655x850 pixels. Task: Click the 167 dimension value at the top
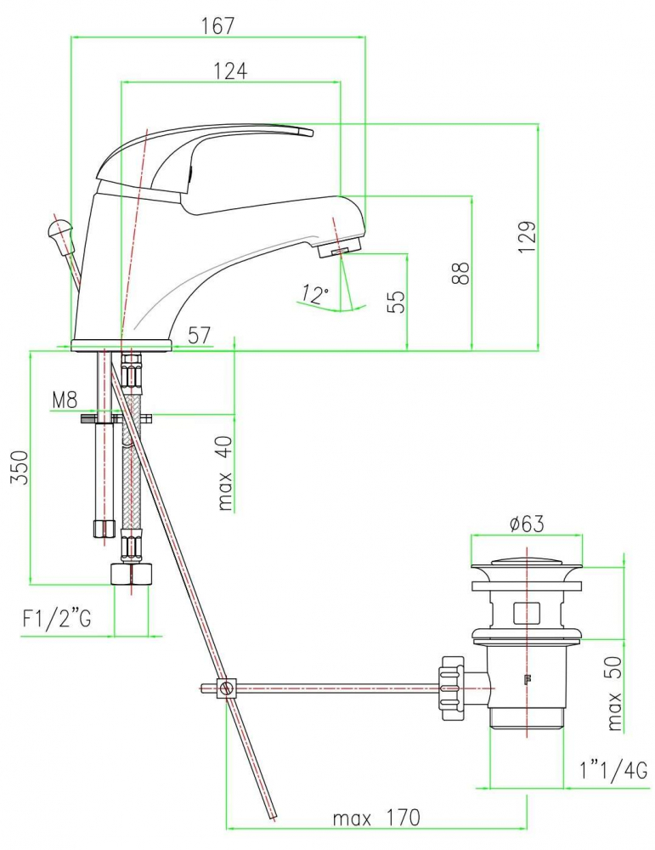(x=218, y=25)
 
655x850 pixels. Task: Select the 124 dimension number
(x=230, y=71)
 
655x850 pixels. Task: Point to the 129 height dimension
(x=527, y=235)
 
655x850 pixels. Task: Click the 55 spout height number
(x=396, y=302)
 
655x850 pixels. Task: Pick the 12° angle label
(x=315, y=293)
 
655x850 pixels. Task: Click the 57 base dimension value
(x=199, y=335)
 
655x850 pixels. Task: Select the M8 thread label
(x=65, y=400)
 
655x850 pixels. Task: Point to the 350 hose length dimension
(x=20, y=467)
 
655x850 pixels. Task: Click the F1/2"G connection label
(x=57, y=618)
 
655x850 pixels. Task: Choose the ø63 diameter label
(x=527, y=524)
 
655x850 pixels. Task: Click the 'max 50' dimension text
(x=614, y=693)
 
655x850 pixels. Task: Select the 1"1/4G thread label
(x=613, y=771)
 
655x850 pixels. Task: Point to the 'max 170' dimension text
(x=376, y=818)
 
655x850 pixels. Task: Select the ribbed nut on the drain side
(x=453, y=688)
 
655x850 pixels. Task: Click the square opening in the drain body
(x=526, y=613)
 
